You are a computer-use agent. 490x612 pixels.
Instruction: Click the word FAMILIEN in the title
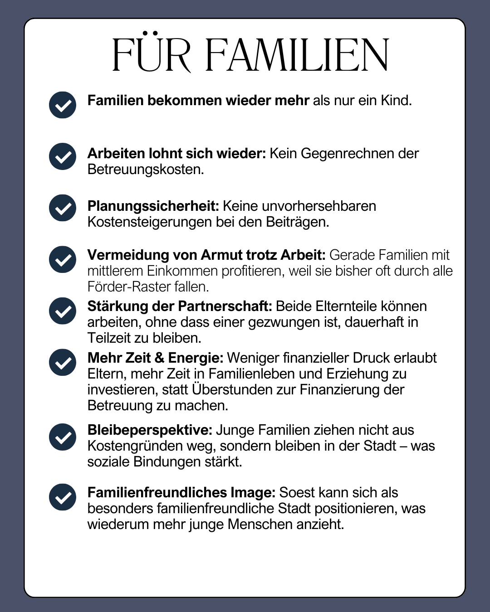click(297, 55)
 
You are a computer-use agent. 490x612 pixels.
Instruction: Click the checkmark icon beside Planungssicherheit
click(63, 208)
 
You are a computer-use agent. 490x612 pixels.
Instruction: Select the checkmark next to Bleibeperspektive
click(63, 437)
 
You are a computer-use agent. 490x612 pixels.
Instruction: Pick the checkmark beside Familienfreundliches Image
click(63, 497)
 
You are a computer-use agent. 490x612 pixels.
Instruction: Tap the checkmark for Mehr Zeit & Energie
click(63, 362)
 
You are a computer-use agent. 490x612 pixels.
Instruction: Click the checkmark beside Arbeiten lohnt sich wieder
click(63, 156)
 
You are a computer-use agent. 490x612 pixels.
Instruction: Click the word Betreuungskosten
click(145, 170)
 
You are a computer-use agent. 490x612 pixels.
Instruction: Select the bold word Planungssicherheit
click(153, 206)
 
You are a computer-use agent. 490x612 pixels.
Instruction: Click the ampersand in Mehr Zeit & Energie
click(159, 358)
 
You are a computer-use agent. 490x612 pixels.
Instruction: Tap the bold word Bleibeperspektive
click(150, 430)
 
